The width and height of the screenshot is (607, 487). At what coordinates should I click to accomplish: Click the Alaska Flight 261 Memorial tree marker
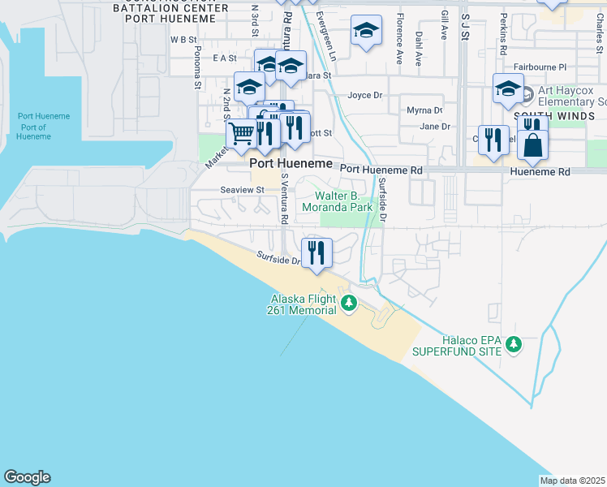click(x=349, y=304)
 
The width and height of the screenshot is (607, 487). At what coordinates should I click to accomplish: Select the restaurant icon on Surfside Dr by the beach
click(x=316, y=252)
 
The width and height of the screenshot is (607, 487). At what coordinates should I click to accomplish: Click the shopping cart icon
click(x=241, y=134)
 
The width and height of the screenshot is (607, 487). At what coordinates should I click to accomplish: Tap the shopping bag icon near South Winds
click(x=532, y=144)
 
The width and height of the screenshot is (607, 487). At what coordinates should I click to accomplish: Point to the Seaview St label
click(x=243, y=190)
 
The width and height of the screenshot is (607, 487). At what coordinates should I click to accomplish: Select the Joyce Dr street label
click(x=364, y=95)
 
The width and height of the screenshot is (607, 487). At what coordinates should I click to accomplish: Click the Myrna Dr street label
click(x=424, y=110)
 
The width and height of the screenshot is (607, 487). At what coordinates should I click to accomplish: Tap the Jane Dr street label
click(x=435, y=127)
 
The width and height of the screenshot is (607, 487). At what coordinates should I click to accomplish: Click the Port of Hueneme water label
click(x=33, y=127)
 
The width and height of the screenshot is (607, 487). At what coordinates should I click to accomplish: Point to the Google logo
click(x=27, y=477)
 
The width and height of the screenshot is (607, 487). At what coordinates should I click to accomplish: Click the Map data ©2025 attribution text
click(x=572, y=481)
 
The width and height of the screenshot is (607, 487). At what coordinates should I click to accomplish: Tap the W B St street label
click(x=184, y=39)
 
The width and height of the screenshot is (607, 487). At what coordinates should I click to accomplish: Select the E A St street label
click(x=224, y=58)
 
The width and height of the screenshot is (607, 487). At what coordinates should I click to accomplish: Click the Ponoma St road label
click(x=197, y=65)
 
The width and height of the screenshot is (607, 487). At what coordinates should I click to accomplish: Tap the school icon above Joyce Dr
click(x=366, y=32)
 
